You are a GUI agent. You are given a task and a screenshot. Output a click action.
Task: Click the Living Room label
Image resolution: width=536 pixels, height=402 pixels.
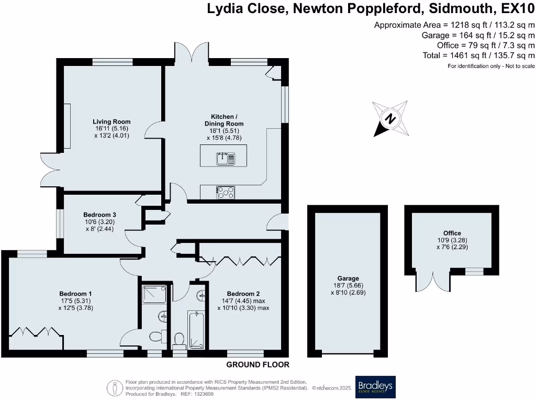112,121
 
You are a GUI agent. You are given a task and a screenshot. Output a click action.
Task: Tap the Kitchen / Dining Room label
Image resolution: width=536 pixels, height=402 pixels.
224,120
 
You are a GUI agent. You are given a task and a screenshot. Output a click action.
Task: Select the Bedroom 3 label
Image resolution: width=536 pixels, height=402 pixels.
100,215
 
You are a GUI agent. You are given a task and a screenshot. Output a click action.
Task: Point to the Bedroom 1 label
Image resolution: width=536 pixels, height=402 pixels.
75,294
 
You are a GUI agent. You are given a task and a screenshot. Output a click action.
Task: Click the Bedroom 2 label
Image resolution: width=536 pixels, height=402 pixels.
243,294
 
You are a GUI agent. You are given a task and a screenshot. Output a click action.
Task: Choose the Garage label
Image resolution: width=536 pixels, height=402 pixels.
348,278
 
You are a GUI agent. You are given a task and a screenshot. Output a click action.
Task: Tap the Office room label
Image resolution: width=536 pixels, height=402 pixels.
452,233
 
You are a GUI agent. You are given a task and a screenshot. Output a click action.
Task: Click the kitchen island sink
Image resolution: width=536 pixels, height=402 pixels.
226,159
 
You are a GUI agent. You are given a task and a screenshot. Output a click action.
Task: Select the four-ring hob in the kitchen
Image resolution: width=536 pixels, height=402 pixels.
226,193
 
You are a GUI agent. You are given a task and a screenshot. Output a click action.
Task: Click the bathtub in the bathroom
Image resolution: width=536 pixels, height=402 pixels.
197,330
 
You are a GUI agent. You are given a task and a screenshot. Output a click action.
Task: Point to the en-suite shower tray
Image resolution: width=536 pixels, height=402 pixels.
154,294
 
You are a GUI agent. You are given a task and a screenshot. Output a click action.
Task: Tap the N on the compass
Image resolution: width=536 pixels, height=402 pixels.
390,119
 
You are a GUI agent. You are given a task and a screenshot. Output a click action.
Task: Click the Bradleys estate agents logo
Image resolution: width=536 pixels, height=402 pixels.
375,387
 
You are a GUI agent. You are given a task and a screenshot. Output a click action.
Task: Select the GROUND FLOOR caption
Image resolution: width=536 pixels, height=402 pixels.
258,365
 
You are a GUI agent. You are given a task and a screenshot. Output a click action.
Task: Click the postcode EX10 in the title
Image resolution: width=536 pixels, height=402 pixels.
518,8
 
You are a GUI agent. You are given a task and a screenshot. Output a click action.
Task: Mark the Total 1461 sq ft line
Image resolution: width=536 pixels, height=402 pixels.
478,55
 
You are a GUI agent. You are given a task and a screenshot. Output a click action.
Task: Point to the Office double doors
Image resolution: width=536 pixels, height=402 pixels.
433,282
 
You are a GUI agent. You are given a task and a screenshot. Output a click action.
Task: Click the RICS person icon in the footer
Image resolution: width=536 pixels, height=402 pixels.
115,388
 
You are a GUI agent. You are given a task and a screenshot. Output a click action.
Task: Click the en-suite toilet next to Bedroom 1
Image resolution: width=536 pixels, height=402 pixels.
158,337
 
